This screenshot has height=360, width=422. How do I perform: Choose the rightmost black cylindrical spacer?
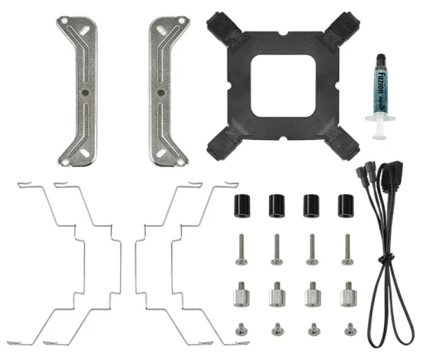tap(343, 205)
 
